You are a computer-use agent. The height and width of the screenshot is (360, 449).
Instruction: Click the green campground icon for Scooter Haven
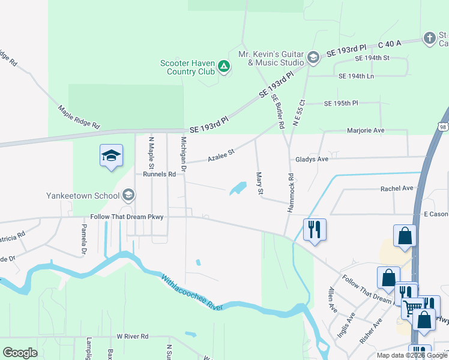223,67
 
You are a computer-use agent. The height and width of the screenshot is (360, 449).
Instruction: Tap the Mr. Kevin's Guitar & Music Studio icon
313,58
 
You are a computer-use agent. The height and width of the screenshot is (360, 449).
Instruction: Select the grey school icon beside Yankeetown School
128,195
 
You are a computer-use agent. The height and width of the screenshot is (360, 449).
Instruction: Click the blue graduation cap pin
111,156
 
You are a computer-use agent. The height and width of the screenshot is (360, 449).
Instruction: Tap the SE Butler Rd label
277,112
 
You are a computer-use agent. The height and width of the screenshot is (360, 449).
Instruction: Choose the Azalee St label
220,155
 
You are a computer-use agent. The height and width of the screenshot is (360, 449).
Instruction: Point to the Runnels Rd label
159,175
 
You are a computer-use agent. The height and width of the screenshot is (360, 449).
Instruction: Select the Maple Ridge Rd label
79,118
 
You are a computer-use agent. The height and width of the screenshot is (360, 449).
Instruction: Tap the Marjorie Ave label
365,130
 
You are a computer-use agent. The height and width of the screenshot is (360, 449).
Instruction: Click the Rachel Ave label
397,188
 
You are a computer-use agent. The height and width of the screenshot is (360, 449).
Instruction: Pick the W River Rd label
132,337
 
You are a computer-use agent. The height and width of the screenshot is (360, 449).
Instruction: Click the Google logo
20,352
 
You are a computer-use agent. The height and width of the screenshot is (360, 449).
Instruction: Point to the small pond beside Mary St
238,188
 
